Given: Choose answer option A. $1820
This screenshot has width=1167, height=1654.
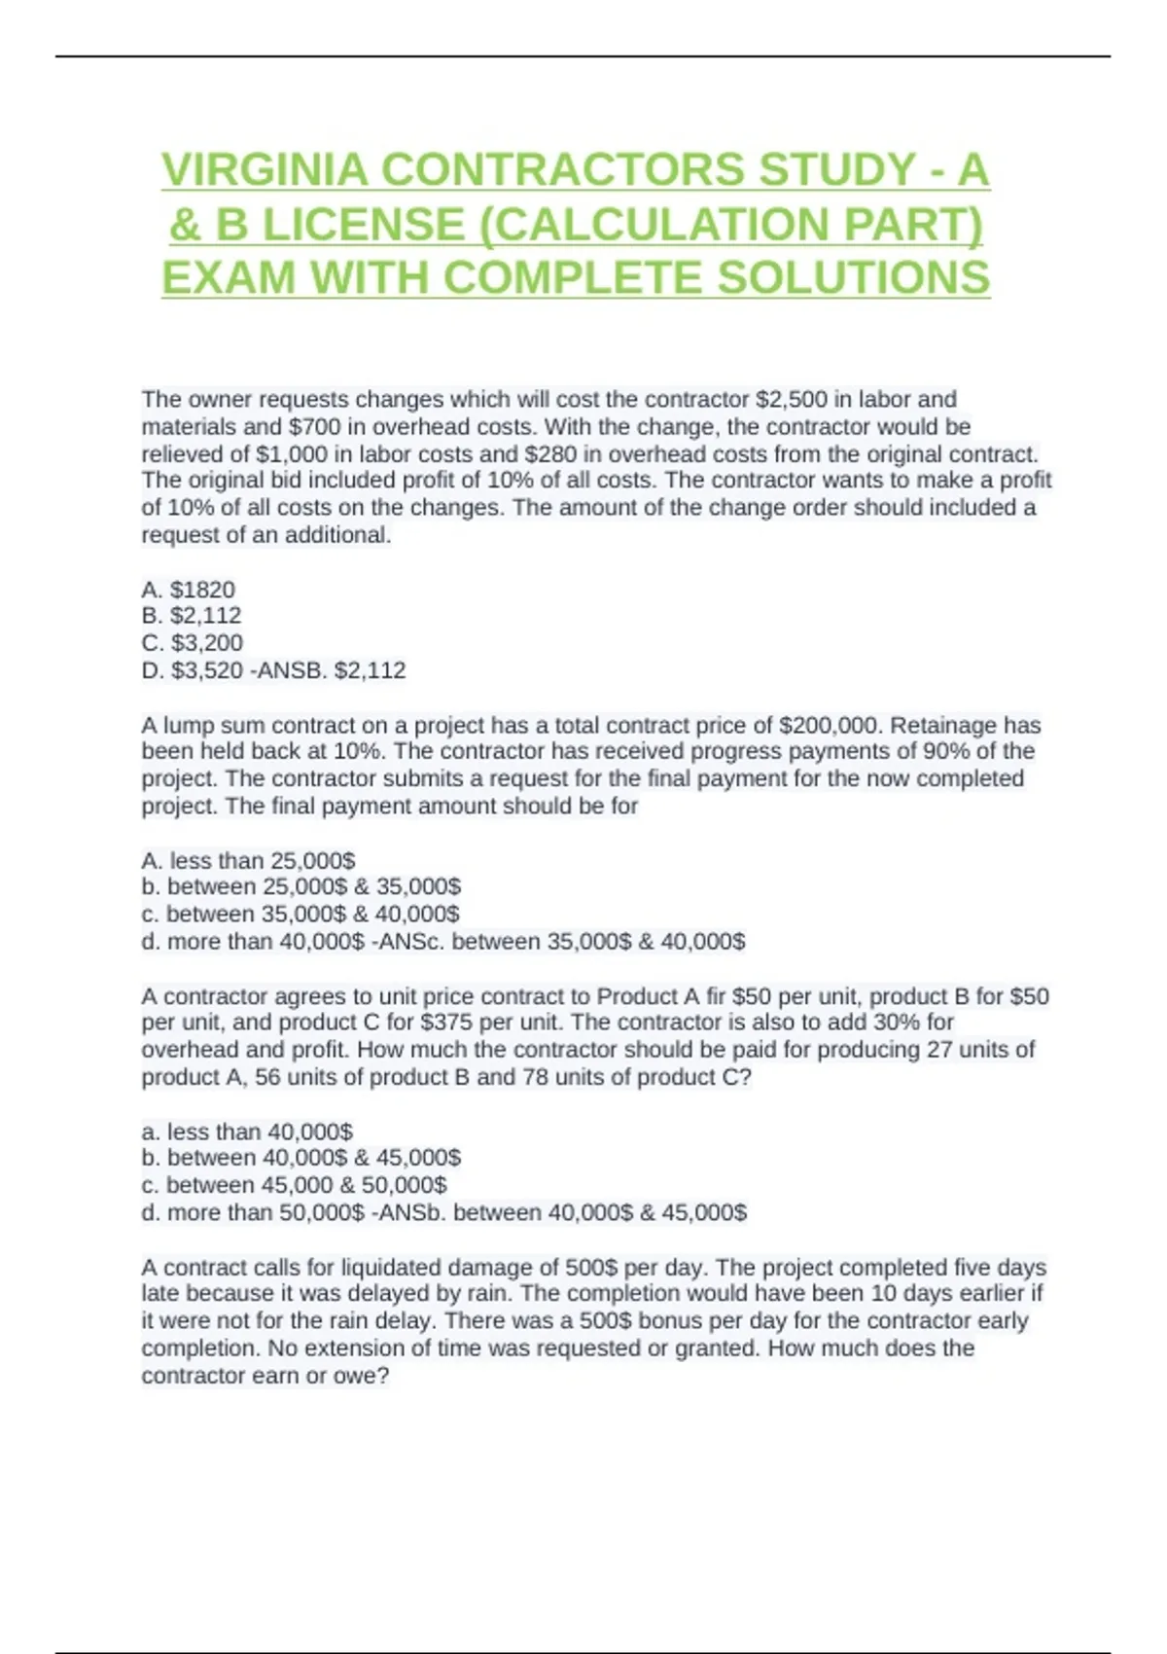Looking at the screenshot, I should [x=189, y=590].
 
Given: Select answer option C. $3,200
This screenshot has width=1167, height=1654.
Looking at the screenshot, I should [x=193, y=643].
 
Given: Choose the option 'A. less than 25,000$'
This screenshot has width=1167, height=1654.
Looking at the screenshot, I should [x=248, y=861].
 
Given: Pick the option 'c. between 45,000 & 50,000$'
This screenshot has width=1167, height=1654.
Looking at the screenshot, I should [x=294, y=1185].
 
